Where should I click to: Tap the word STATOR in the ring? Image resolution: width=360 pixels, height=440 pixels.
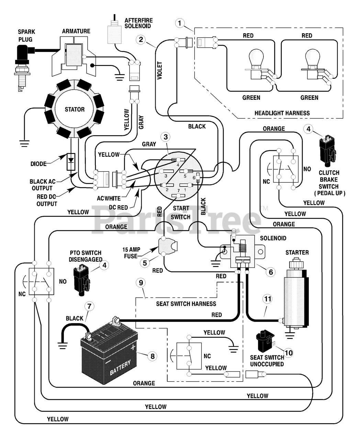pos(75,109)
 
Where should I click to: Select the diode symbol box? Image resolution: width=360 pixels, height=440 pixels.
pos(71,162)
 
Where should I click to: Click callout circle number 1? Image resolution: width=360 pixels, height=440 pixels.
pos(180,23)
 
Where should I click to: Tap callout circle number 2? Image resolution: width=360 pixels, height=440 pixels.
pos(141,40)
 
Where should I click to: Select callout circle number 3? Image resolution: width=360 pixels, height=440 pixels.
pos(166,137)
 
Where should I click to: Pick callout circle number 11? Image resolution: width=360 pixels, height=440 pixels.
pos(268,299)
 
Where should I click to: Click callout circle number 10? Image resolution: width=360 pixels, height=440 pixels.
pos(289,353)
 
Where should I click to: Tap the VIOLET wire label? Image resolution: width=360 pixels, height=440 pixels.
pos(160,70)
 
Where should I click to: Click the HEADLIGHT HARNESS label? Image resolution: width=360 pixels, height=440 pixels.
pos(282,113)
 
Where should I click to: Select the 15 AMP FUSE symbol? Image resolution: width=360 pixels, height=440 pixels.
pos(168,246)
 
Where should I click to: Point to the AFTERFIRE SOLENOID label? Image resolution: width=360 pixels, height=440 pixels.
pos(139,23)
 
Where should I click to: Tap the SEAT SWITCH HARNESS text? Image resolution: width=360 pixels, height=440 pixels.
pos(186,304)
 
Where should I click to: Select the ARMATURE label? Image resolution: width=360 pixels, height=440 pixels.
pos(76,31)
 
